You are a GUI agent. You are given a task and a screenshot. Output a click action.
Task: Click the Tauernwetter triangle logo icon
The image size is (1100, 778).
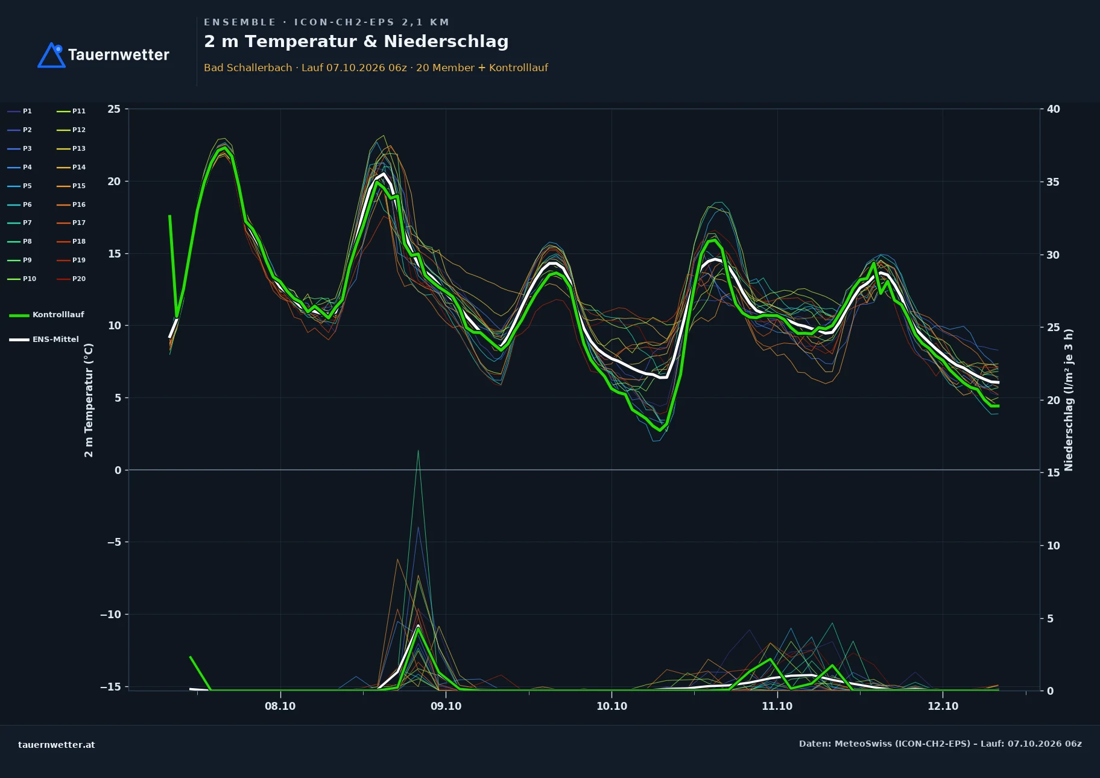pyautogui.click(x=51, y=55)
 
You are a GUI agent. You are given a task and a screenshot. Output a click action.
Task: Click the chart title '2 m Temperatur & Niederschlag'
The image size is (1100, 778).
pyautogui.click(x=356, y=42)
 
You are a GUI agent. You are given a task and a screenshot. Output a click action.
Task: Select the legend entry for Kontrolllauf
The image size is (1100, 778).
pyautogui.click(x=46, y=315)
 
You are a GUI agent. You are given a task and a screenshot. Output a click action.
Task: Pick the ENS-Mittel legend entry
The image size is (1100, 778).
pyautogui.click(x=44, y=340)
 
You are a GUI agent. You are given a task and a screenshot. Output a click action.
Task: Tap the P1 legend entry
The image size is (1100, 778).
pyautogui.click(x=20, y=112)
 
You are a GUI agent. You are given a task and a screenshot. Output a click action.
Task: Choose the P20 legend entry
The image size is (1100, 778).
pyautogui.click(x=71, y=279)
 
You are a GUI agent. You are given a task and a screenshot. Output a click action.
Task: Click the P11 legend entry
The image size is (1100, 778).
pyautogui.click(x=71, y=112)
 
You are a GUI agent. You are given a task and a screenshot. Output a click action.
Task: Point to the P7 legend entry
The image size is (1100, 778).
pyautogui.click(x=20, y=223)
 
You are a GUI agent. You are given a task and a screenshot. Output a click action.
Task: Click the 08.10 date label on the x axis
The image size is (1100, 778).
pyautogui.click(x=280, y=706)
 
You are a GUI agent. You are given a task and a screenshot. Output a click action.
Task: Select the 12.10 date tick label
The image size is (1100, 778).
pyautogui.click(x=943, y=706)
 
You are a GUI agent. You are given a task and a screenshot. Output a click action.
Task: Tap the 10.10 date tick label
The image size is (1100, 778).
pyautogui.click(x=612, y=706)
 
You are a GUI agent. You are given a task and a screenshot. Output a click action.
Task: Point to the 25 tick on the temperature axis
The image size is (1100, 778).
pyautogui.click(x=114, y=109)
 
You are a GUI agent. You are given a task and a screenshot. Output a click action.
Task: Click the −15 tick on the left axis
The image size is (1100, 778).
pyautogui.click(x=110, y=687)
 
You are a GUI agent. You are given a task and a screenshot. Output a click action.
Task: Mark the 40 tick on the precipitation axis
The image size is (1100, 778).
pyautogui.click(x=1054, y=109)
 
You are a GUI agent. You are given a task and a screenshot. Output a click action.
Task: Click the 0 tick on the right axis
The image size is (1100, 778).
pyautogui.click(x=1050, y=691)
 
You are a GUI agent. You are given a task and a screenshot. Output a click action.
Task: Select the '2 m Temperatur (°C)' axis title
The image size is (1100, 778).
pyautogui.click(x=89, y=400)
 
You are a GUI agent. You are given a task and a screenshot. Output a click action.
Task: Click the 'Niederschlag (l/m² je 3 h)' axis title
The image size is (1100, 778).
pyautogui.click(x=1069, y=400)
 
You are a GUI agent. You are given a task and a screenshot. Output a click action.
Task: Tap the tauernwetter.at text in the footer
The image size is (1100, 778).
pyautogui.click(x=57, y=745)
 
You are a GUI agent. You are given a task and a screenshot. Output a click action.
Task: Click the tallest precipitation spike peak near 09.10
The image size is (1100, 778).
pyautogui.click(x=418, y=451)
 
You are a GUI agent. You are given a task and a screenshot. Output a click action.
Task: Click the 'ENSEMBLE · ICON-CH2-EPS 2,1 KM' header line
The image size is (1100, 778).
pyautogui.click(x=327, y=22)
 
